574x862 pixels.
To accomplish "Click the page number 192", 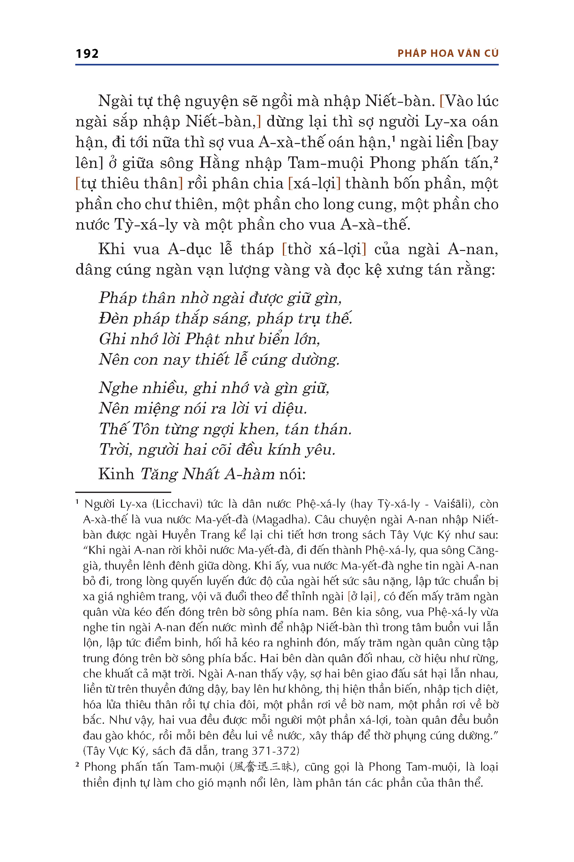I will coord(87,54).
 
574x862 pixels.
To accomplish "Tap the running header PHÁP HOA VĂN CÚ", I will coord(448,54).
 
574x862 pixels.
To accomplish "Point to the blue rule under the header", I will coord(287,65).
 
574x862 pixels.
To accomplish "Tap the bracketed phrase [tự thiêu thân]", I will coord(129,184).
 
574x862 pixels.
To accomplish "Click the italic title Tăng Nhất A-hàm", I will coord(208,474).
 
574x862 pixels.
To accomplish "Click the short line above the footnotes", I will coord(123,492).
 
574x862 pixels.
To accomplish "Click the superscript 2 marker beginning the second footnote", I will coord(77,765).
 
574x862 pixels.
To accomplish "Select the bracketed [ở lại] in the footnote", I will coord(361,597).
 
